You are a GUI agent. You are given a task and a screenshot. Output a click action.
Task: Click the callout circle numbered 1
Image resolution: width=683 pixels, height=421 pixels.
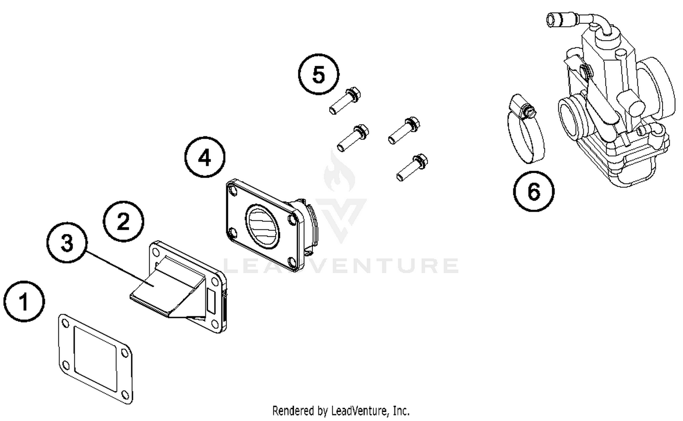(x=24, y=301)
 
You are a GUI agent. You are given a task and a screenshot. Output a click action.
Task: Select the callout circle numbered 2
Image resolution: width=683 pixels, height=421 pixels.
(x=123, y=222)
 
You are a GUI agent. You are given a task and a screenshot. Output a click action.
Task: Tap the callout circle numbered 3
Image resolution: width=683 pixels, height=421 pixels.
(x=67, y=243)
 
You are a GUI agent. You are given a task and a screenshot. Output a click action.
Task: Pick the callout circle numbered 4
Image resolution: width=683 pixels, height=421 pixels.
(x=204, y=157)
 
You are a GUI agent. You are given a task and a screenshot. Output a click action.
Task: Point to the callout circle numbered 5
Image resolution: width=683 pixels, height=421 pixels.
(x=319, y=74)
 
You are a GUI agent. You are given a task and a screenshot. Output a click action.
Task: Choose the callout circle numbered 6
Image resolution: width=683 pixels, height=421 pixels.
(x=534, y=191)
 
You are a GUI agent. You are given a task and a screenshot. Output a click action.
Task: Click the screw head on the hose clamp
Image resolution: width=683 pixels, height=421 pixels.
(x=528, y=111)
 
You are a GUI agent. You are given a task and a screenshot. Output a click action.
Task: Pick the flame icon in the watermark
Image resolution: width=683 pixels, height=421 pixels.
(x=339, y=173)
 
